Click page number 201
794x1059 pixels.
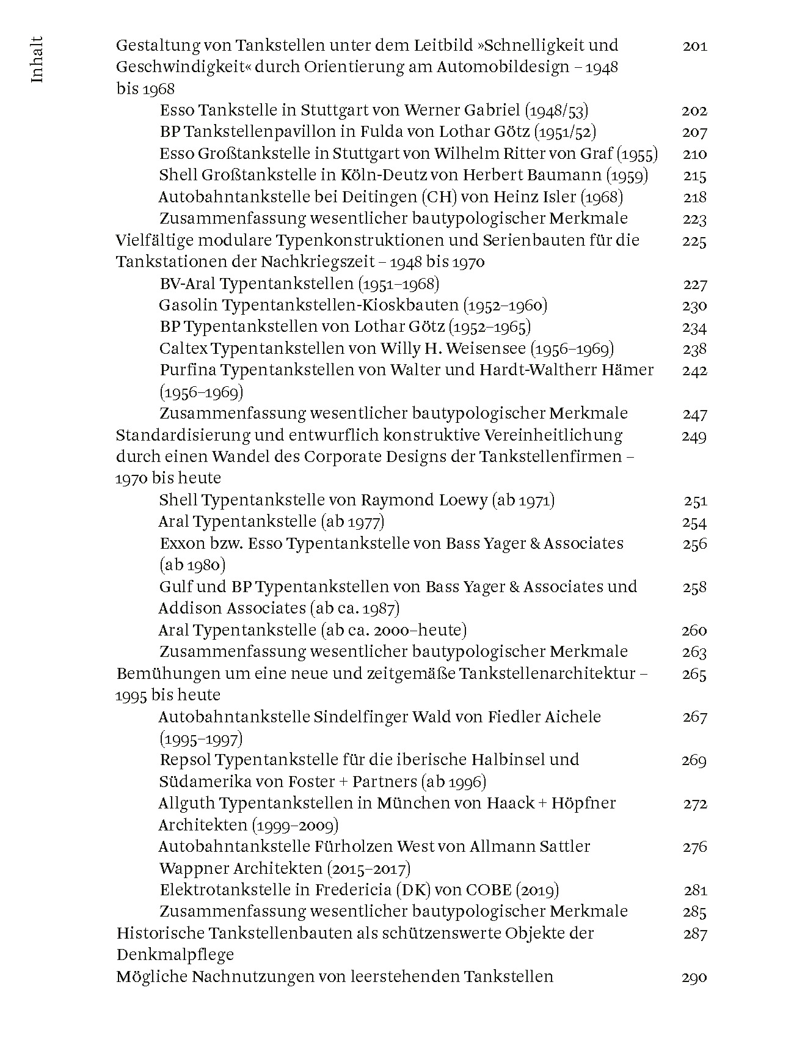coord(694,46)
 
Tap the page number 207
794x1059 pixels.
coord(694,133)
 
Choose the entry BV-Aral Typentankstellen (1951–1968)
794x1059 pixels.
coord(299,284)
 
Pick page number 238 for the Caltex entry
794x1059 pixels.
coord(694,349)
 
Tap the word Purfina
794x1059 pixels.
coord(188,370)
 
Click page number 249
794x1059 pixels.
coord(694,436)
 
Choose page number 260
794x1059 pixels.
coord(694,631)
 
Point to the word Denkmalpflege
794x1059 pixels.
coord(175,955)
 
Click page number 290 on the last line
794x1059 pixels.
coord(694,977)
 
